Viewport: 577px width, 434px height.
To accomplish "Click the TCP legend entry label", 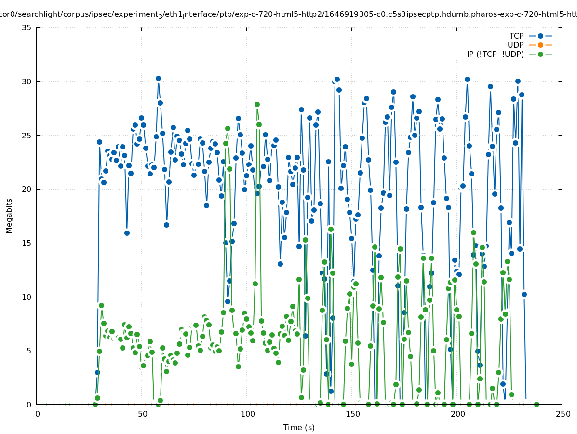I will (516, 36).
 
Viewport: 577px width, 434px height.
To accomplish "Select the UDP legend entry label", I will (515, 45).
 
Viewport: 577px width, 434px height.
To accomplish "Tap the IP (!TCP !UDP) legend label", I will (495, 54).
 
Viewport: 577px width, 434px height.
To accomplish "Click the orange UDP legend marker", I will (540, 45).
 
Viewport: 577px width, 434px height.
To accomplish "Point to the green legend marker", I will (540, 54).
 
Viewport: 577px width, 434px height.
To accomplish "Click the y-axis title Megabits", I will (9, 216).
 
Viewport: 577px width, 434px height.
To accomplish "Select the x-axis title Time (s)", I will (299, 427).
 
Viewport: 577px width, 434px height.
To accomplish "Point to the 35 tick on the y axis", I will (27, 27).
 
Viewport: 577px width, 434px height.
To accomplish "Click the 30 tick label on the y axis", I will (27, 81).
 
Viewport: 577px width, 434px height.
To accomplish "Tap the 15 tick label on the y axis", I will (27, 243).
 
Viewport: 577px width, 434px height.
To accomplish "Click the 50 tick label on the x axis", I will (142, 414).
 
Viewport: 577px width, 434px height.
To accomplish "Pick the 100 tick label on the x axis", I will (247, 414).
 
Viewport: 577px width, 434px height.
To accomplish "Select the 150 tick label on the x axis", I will (352, 414).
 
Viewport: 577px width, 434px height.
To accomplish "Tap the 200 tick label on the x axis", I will (457, 414).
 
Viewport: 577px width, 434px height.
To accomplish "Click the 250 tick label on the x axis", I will (562, 414).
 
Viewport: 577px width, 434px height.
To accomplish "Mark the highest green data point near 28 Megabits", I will (257, 104).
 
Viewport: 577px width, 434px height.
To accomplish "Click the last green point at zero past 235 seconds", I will (537, 404).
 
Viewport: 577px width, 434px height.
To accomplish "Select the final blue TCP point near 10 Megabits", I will (524, 294).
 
